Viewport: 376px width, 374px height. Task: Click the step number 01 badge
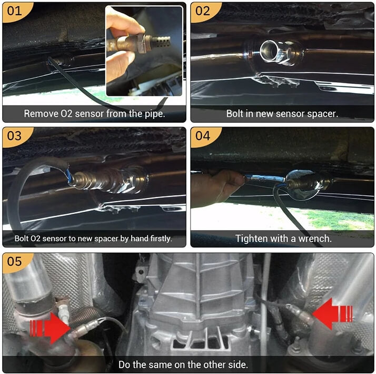point(14,11)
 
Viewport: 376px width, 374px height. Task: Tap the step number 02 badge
point(202,11)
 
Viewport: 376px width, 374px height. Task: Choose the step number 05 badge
point(14,262)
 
